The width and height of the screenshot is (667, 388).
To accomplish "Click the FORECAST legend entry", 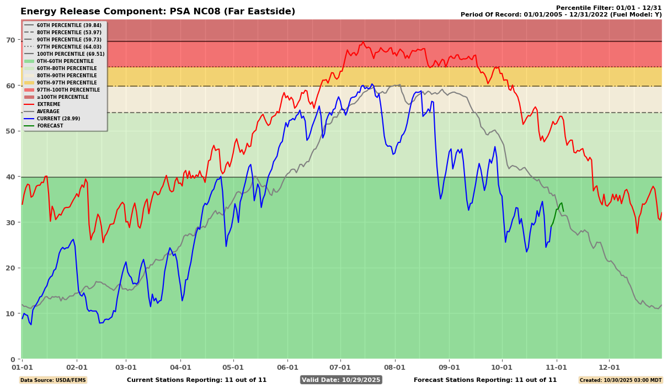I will (x=50, y=126).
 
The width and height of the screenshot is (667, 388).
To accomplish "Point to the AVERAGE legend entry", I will (x=49, y=111).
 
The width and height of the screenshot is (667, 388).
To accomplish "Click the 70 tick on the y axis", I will (x=10, y=40).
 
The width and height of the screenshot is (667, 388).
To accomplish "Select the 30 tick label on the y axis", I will (x=10, y=222).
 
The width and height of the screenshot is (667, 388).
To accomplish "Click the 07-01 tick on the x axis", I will (x=340, y=367).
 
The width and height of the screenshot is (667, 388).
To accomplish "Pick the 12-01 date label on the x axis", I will (x=609, y=367).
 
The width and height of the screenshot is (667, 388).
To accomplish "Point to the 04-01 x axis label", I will (x=180, y=367).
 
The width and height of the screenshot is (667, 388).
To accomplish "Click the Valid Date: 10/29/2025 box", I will (x=341, y=380).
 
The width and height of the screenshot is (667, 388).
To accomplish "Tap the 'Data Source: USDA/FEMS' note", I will (x=53, y=380).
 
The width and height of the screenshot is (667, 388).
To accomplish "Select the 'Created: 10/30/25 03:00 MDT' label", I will (x=620, y=380).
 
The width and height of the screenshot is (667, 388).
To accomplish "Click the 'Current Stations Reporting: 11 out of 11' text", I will (x=196, y=380).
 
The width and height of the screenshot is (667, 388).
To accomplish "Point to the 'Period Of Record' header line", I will (x=561, y=14).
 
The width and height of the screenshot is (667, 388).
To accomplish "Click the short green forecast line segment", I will (x=559, y=208).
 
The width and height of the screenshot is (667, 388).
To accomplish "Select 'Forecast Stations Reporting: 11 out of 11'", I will (x=485, y=380).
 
